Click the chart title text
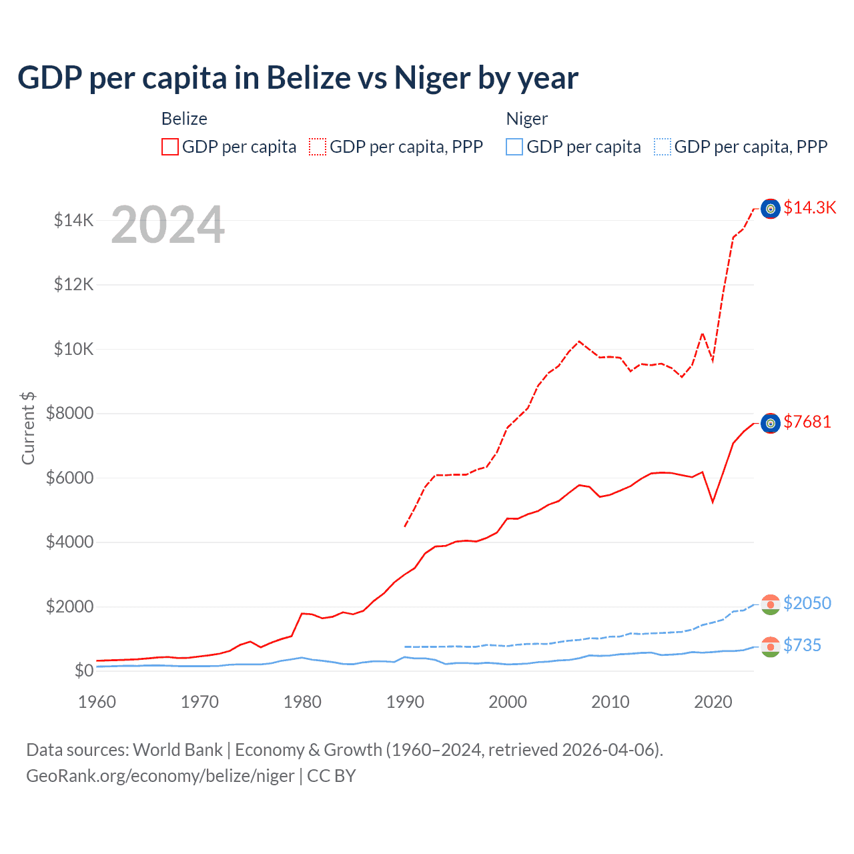[x=298, y=78]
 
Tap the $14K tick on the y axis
[x=74, y=220]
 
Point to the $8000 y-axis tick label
[x=70, y=413]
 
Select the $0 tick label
[x=84, y=671]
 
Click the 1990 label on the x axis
[x=405, y=702]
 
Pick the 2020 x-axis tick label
[x=713, y=702]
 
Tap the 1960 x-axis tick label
[x=97, y=702]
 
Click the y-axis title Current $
[x=28, y=428]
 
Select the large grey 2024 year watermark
[x=167, y=225]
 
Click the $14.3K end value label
[x=809, y=207]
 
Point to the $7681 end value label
[x=807, y=422]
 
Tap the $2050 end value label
[x=807, y=603]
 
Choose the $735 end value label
[x=803, y=645]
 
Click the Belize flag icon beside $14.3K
[x=771, y=209]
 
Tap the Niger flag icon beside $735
[x=771, y=647]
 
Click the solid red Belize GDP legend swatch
[x=170, y=147]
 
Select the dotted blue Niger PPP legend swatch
[x=663, y=147]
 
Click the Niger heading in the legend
[x=526, y=119]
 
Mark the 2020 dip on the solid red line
[x=713, y=502]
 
